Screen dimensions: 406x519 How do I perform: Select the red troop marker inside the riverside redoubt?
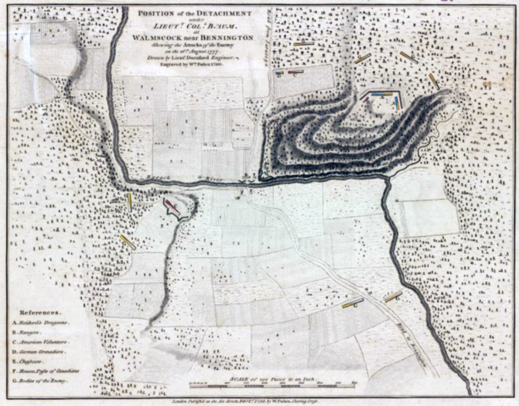pyautogui.click(x=172, y=206)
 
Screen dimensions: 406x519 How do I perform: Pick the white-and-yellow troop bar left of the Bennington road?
pyautogui.click(x=352, y=302)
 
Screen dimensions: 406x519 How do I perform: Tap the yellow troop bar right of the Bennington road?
pyautogui.click(x=393, y=296)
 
